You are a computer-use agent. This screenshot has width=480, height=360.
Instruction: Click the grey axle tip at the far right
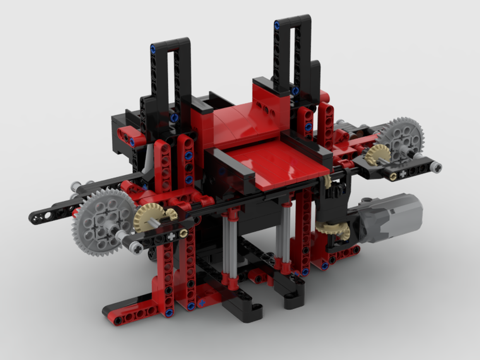(436, 167)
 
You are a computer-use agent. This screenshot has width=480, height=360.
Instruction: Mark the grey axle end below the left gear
(136, 248)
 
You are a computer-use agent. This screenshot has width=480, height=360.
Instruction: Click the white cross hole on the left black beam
(171, 236)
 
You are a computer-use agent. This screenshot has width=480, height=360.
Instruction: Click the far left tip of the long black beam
(35, 218)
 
